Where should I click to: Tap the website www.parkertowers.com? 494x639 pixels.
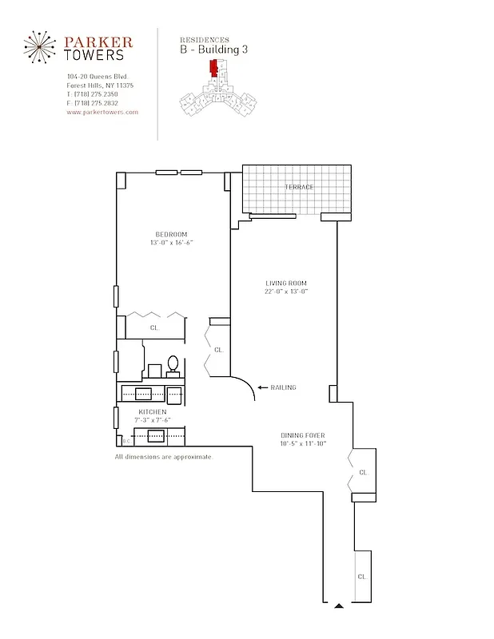coord(102,113)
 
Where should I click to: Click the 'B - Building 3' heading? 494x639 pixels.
coord(214,50)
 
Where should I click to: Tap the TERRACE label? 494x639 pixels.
coord(299,187)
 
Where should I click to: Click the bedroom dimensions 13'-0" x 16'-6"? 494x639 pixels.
coord(171,243)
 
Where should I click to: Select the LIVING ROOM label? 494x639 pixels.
coord(286,284)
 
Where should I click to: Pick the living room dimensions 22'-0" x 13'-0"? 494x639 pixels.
coord(286,292)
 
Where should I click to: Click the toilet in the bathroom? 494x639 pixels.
coord(173,365)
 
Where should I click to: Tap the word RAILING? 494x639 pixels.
coord(283,388)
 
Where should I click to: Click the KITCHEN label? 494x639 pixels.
coord(152,411)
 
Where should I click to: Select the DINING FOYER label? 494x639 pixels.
coord(302,435)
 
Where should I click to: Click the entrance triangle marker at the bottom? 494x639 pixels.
coord(339,606)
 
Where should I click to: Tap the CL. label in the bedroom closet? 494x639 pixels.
coord(154,327)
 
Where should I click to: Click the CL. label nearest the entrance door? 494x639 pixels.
coord(362,576)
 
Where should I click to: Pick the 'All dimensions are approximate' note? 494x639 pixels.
coord(163,457)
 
